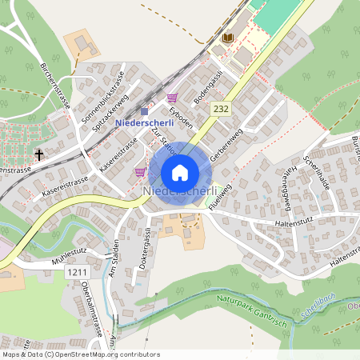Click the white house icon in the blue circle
coord(180,172)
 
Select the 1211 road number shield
coord(77,273)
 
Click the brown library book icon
coord(228,38)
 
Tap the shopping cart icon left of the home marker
coord(140,171)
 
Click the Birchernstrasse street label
coord(55,85)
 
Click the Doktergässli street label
coord(143,247)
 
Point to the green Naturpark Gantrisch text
coord(250,305)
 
